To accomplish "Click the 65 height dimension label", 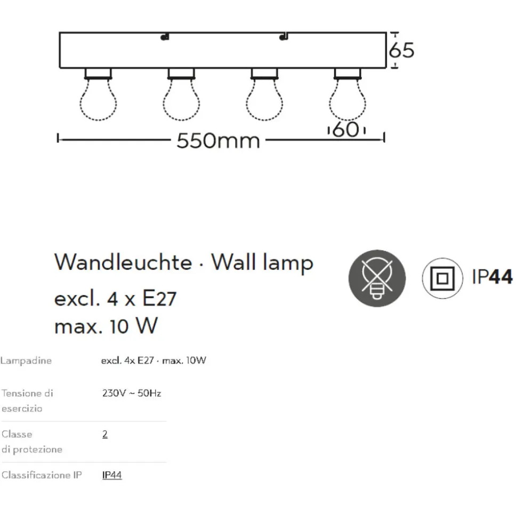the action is click(x=401, y=51).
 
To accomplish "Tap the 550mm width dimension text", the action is click(x=218, y=141).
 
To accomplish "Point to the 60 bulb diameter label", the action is click(x=346, y=129).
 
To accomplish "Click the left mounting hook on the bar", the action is click(x=165, y=37).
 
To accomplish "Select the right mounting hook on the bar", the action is click(x=284, y=37).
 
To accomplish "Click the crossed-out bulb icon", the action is click(x=377, y=278).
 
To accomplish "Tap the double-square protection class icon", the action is click(x=442, y=278).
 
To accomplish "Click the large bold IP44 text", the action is click(x=492, y=277).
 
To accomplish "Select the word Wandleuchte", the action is click(x=123, y=262).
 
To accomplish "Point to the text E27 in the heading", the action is click(x=159, y=298).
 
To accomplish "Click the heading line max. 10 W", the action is click(x=106, y=326).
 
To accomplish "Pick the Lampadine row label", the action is click(x=26, y=360).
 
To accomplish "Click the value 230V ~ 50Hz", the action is click(x=132, y=393).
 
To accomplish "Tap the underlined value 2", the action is click(x=105, y=434).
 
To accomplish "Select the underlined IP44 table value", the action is click(x=112, y=475).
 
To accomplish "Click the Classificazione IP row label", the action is click(x=42, y=475).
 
